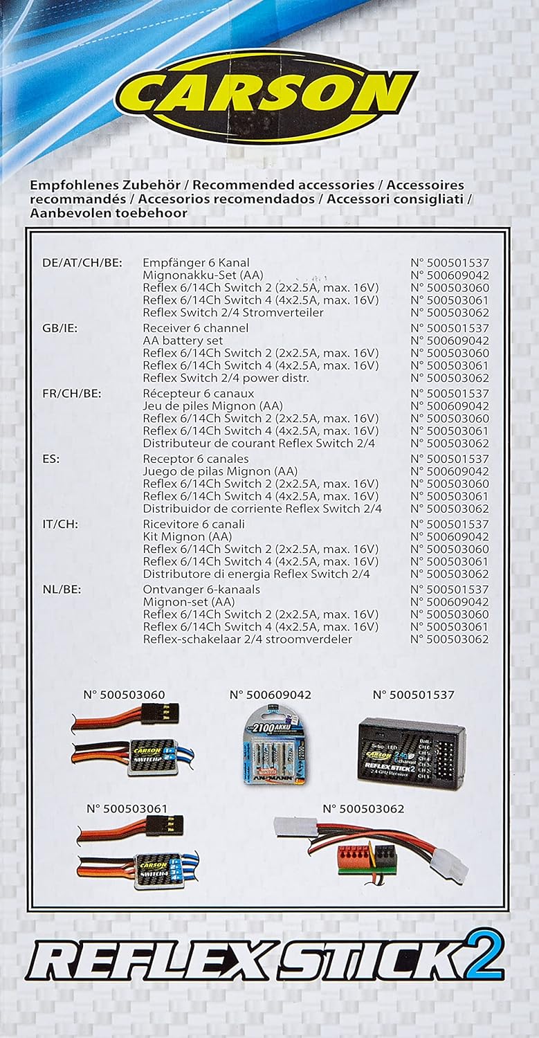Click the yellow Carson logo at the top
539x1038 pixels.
coord(266,96)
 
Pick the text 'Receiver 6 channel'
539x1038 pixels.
coord(195,328)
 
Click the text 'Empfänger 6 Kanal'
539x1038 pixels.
coord(196,263)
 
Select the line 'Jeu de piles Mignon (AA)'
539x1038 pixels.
coord(212,406)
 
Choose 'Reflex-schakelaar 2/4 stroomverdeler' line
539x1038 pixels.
coord(247,639)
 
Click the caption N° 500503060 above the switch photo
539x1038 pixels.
coord(125,695)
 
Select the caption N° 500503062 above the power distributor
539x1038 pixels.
coord(363,809)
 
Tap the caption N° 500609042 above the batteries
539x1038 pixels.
coord(271,695)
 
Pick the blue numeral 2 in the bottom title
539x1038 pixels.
coord(485,956)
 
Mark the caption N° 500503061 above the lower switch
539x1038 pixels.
coord(127,809)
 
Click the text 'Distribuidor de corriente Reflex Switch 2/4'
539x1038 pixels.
coord(262,509)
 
